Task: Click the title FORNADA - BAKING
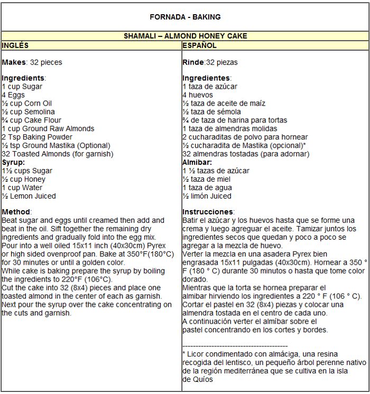185,17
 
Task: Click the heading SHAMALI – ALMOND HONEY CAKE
185,36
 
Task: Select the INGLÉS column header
15,46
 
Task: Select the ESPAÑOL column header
200,46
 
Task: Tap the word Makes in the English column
14,62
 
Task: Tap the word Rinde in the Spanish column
193,62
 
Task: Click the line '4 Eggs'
13,95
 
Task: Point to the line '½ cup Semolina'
28,112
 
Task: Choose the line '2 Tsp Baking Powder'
37,137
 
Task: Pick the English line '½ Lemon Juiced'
29,196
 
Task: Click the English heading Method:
16,212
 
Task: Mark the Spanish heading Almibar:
197,162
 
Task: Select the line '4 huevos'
198,95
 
